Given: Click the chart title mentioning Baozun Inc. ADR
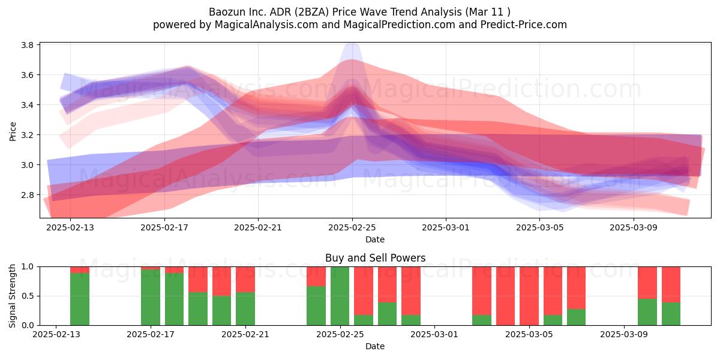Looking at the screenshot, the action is click(x=359, y=12).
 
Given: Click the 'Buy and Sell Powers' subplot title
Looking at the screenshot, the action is click(x=375, y=258).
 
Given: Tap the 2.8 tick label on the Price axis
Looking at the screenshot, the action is click(x=28, y=195).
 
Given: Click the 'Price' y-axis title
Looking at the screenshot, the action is click(x=13, y=131).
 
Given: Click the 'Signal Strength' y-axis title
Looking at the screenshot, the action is click(x=12, y=296).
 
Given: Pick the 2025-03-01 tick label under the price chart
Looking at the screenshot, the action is click(x=445, y=227).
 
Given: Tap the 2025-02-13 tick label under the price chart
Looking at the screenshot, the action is click(x=70, y=227).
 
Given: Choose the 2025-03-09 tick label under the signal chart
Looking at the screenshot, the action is click(x=624, y=334).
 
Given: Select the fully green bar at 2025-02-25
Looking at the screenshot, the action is click(x=340, y=296).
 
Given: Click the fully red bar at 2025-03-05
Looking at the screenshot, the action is click(x=529, y=296).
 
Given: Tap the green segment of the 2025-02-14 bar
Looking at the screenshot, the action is click(x=80, y=299).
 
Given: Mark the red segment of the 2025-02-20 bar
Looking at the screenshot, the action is click(x=222, y=281).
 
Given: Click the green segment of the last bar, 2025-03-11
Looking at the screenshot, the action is click(x=671, y=314).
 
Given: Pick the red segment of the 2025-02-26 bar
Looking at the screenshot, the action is click(x=364, y=291).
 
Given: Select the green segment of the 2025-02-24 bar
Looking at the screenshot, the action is click(x=316, y=305).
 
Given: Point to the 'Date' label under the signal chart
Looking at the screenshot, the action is click(x=375, y=346).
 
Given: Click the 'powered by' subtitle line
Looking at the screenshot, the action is click(x=359, y=25).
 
